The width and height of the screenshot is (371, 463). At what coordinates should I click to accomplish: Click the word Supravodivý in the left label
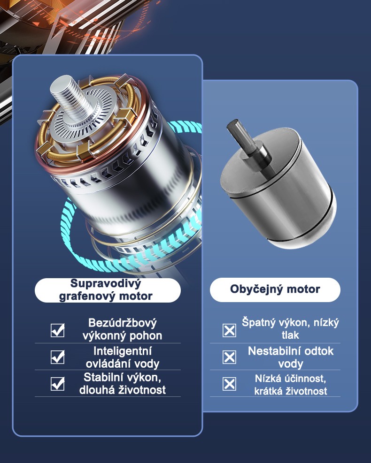tap(106, 284)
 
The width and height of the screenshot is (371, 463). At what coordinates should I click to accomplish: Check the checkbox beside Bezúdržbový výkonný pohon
tap(57, 330)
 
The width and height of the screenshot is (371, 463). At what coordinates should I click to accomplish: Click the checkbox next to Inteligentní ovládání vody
tap(57, 357)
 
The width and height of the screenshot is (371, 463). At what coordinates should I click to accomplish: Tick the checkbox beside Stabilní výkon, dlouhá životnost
tap(57, 384)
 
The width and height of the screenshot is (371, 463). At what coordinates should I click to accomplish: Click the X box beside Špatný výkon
tap(229, 330)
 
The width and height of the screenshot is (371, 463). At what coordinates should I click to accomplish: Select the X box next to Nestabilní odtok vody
tap(229, 357)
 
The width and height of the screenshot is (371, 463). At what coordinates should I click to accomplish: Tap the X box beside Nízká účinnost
tap(229, 384)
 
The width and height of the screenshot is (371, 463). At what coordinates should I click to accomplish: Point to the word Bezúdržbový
tap(123, 323)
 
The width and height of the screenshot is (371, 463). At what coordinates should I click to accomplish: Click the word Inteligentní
tap(123, 351)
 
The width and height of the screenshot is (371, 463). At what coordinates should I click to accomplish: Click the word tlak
tap(290, 335)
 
